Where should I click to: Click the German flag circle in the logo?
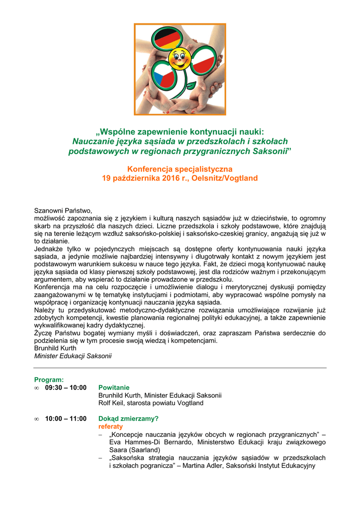click(x=167, y=39)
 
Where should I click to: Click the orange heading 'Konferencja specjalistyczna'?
click(x=180, y=169)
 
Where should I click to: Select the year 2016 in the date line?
click(x=170, y=177)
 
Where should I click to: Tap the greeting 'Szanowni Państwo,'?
click(x=64, y=210)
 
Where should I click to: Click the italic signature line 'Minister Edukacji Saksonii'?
click(x=73, y=356)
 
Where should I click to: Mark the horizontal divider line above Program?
click(x=180, y=368)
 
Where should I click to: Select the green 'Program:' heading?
click(x=49, y=380)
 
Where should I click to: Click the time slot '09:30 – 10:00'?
click(x=66, y=387)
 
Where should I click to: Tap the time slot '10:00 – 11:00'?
click(x=66, y=419)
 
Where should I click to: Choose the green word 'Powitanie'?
click(x=114, y=387)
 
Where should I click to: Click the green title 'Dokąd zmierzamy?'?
click(x=128, y=419)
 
